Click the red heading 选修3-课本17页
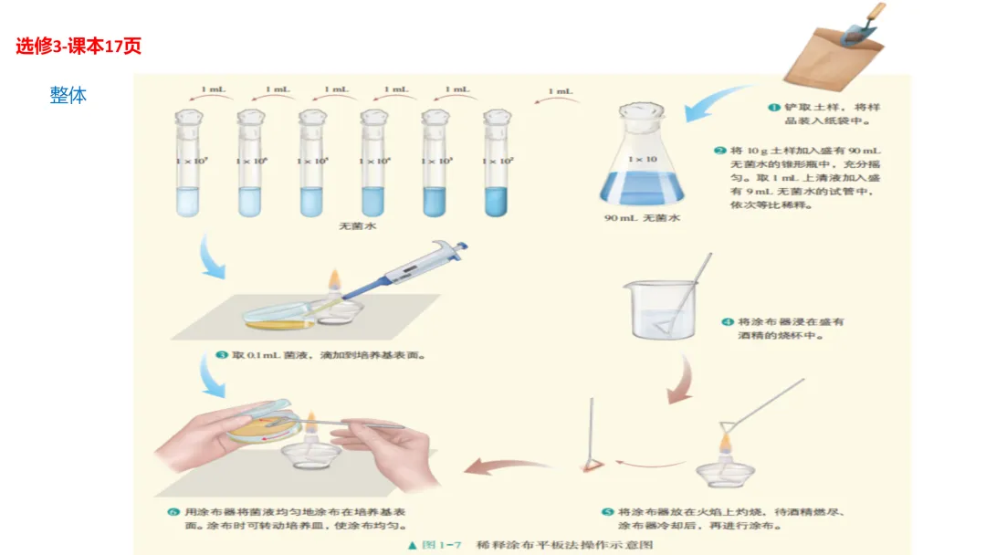[78, 46]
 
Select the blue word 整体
[68, 94]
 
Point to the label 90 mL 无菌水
[641, 218]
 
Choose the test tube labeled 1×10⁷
[187, 164]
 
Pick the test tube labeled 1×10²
[498, 164]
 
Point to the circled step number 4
[728, 322]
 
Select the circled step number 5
[607, 512]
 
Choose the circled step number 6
[173, 512]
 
